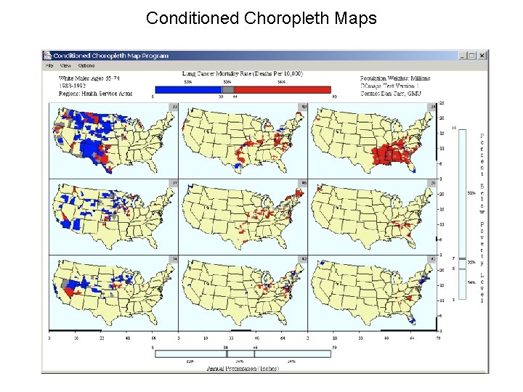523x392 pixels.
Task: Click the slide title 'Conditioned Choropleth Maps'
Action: [x=261, y=18]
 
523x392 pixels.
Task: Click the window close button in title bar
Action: [x=482, y=55]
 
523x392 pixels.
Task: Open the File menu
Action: [x=49, y=65]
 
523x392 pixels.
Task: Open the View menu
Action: [x=65, y=65]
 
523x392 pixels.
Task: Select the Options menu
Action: [x=86, y=65]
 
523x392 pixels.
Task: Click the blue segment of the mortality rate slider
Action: [x=186, y=89]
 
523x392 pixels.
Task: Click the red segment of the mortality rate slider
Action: [x=283, y=89]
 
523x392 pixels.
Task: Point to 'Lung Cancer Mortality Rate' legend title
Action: [x=243, y=74]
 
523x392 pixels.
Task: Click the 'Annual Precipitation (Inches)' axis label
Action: [x=243, y=369]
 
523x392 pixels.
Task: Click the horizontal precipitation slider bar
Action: [x=243, y=354]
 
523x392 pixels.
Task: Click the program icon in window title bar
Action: [x=48, y=55]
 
